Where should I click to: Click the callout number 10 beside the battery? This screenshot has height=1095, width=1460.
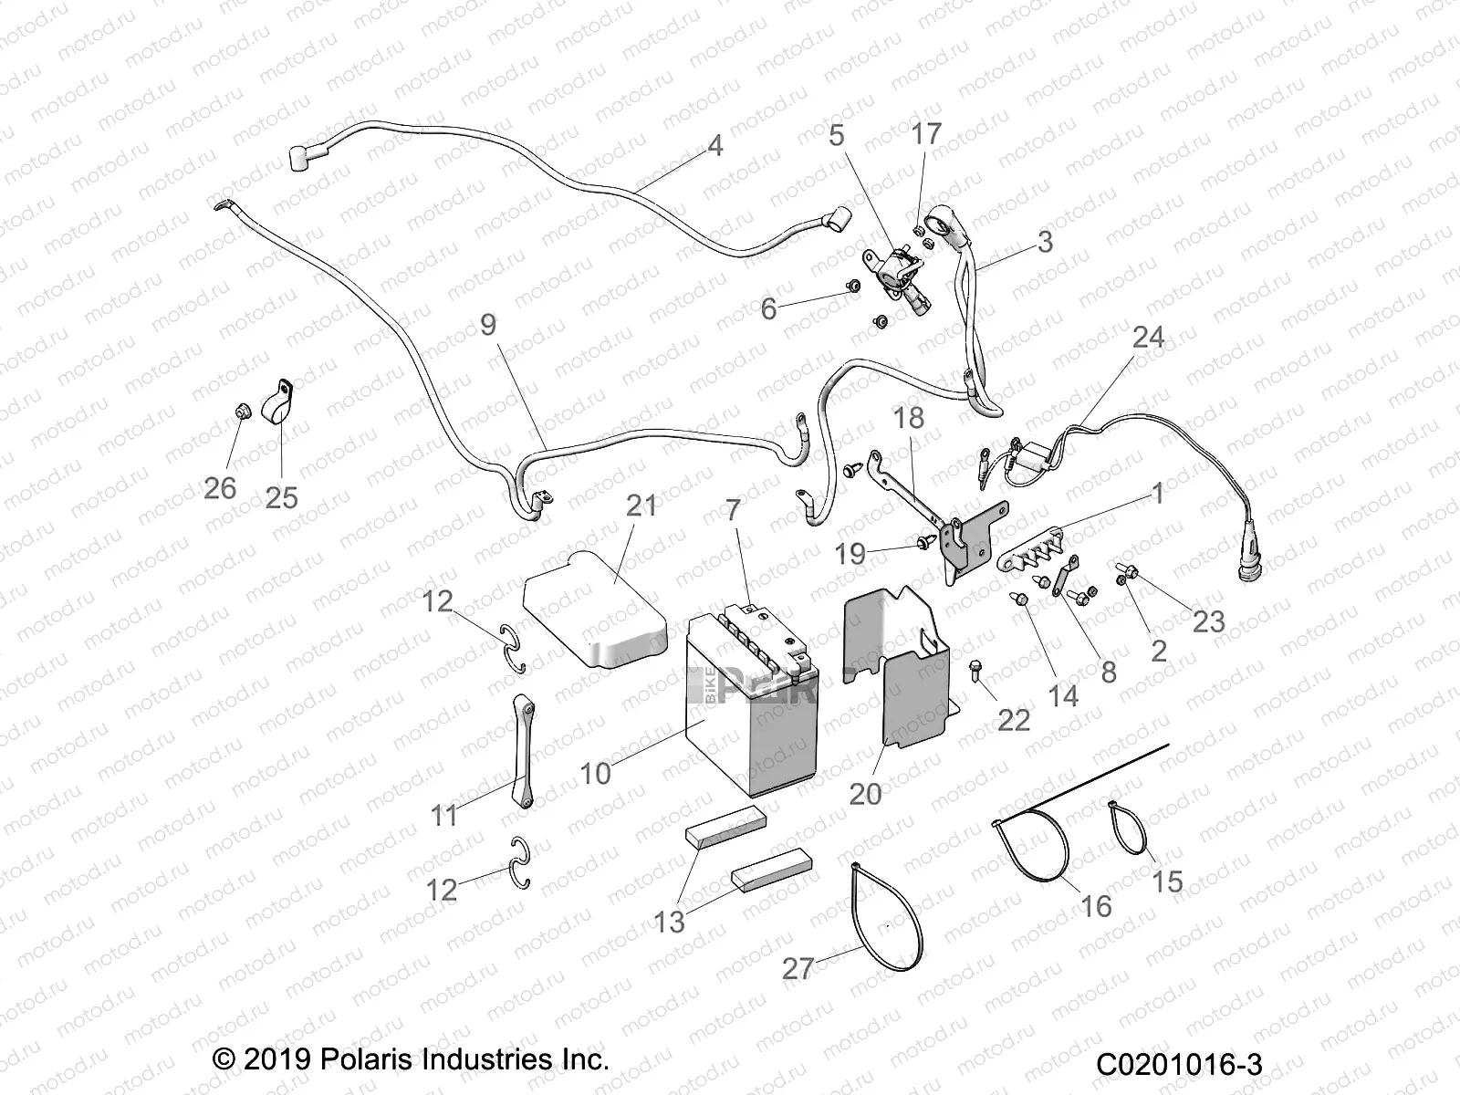click(x=595, y=773)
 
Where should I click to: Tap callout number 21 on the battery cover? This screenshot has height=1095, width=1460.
click(x=641, y=506)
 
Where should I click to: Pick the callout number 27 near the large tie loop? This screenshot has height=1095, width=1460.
click(x=797, y=967)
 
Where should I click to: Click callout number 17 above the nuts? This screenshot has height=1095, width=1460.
click(x=925, y=135)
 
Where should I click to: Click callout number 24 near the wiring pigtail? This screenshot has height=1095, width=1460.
click(x=1147, y=338)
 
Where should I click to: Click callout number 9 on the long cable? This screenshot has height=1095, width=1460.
click(x=488, y=325)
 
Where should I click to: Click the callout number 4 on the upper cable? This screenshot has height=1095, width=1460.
click(x=714, y=146)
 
